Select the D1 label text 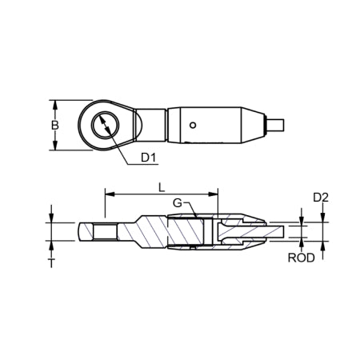(149, 158)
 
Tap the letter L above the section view (162, 187)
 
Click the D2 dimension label (320, 197)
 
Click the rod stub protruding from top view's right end (275, 125)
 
